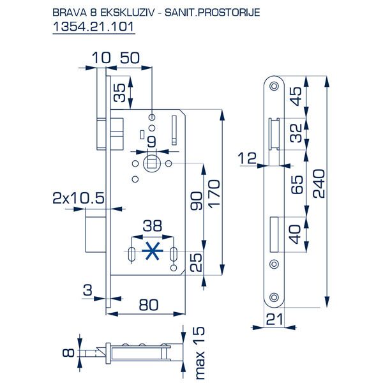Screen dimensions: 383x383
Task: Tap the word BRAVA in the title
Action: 65,11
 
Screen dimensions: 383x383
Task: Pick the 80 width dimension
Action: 148,305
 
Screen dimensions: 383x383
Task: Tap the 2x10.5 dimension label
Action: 78,199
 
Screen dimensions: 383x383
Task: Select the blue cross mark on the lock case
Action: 151,252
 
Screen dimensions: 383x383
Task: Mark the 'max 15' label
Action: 199,351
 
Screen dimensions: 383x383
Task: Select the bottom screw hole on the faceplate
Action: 274,295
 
